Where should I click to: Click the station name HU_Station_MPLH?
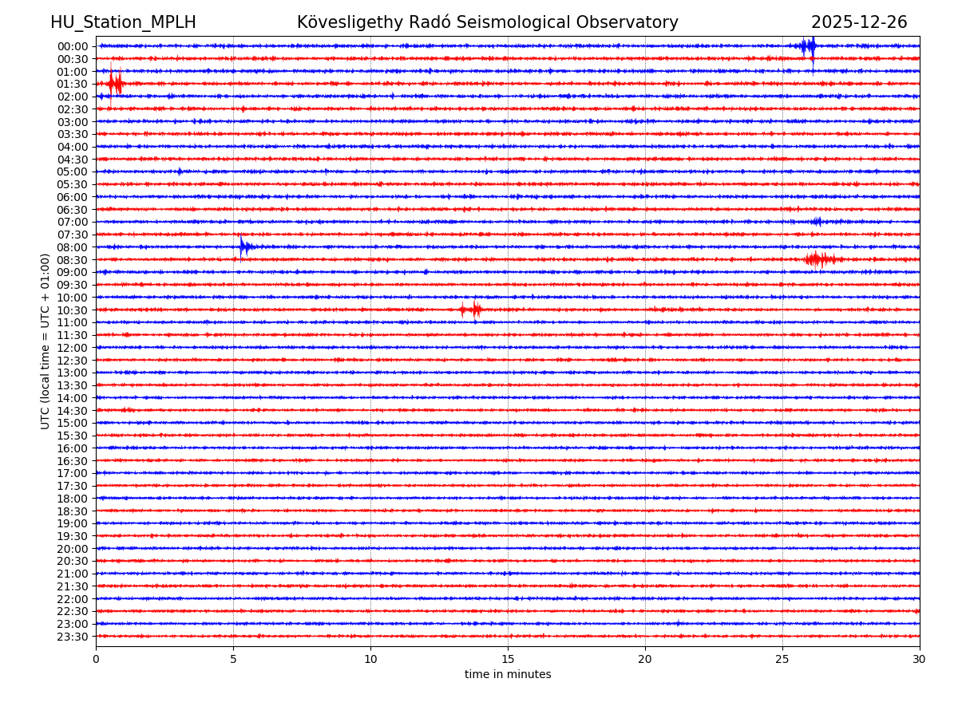123,22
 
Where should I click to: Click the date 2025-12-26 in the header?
859,22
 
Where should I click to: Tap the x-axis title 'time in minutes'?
508,675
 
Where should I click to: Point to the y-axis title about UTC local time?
46,341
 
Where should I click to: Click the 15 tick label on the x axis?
508,660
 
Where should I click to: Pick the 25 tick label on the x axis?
782,660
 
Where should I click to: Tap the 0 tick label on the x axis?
96,660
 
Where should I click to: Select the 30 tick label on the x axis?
920,660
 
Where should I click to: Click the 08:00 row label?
72,247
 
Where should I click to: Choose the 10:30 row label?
72,310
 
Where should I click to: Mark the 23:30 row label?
72,637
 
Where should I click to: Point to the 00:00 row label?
72,46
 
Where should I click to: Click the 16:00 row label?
72,448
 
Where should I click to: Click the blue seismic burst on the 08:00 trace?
244,247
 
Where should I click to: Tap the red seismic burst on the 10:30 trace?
472,310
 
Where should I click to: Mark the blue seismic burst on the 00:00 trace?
809,45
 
